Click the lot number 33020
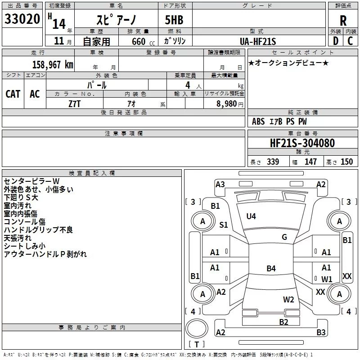pyautogui.click(x=22, y=19)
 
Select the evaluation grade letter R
pyautogui.click(x=343, y=21)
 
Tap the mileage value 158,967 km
pyautogui.click(x=53, y=65)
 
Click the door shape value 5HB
pyautogui.click(x=174, y=20)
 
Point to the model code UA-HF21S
pyautogui.click(x=258, y=41)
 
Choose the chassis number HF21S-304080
pyautogui.click(x=302, y=143)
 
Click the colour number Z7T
pyautogui.click(x=74, y=104)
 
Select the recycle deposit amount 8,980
pyautogui.click(x=227, y=104)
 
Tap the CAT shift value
pyautogui.click(x=13, y=94)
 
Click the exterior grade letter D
pyautogui.click(x=336, y=41)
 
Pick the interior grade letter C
pyautogui.click(x=350, y=41)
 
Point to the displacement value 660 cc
pyautogui.click(x=143, y=42)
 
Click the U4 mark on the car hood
pyautogui.click(x=251, y=216)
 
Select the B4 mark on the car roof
pyautogui.click(x=271, y=268)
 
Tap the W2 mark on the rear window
pyautogui.click(x=288, y=300)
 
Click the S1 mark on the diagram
pyautogui.click(x=223, y=225)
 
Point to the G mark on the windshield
pyautogui.click(x=284, y=237)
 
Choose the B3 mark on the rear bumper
pyautogui.click(x=321, y=332)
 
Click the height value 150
pyautogui.click(x=346, y=162)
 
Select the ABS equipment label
pyautogui.click(x=258, y=121)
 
